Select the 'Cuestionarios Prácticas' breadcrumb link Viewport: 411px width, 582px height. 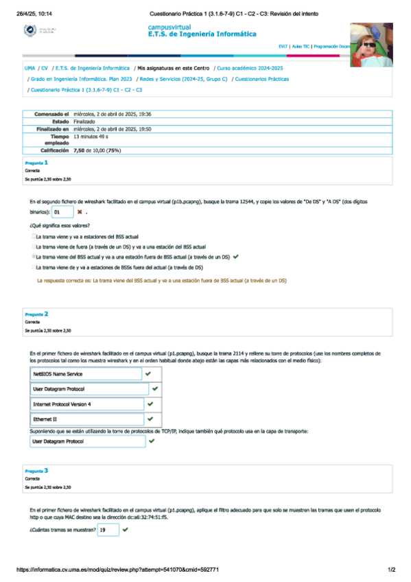coord(261,79)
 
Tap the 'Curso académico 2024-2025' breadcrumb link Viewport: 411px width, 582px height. coord(249,69)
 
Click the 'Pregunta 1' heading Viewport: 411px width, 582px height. coord(36,163)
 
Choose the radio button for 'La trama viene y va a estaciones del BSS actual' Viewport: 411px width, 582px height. coord(32,236)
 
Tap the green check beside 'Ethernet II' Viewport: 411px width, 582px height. coord(149,419)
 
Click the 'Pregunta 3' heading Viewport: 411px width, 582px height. coord(36,471)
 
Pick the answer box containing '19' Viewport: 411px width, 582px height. coord(107,531)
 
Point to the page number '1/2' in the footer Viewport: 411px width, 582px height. coord(391,570)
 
